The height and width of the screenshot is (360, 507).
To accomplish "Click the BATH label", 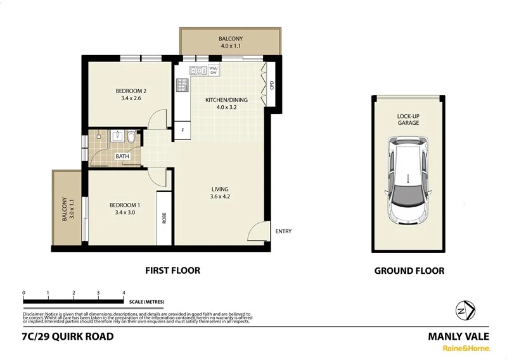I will click(122, 156).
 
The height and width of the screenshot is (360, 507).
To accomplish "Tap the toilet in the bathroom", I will click(130, 136).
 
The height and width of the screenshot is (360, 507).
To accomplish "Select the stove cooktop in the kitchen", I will click(183, 84).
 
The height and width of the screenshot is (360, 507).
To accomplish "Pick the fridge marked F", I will click(183, 130).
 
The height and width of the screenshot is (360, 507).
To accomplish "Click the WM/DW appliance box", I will click(214, 71).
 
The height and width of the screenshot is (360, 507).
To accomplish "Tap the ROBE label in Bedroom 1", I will click(164, 217).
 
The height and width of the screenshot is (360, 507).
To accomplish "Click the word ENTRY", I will click(283, 231).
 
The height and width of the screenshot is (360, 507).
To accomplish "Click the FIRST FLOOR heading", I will click(172, 271).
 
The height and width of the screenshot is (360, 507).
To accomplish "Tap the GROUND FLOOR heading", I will click(409, 271).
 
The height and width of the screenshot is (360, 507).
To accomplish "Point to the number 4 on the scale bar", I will click(124, 293).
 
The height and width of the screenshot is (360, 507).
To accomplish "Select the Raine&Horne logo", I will click(465, 348).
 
